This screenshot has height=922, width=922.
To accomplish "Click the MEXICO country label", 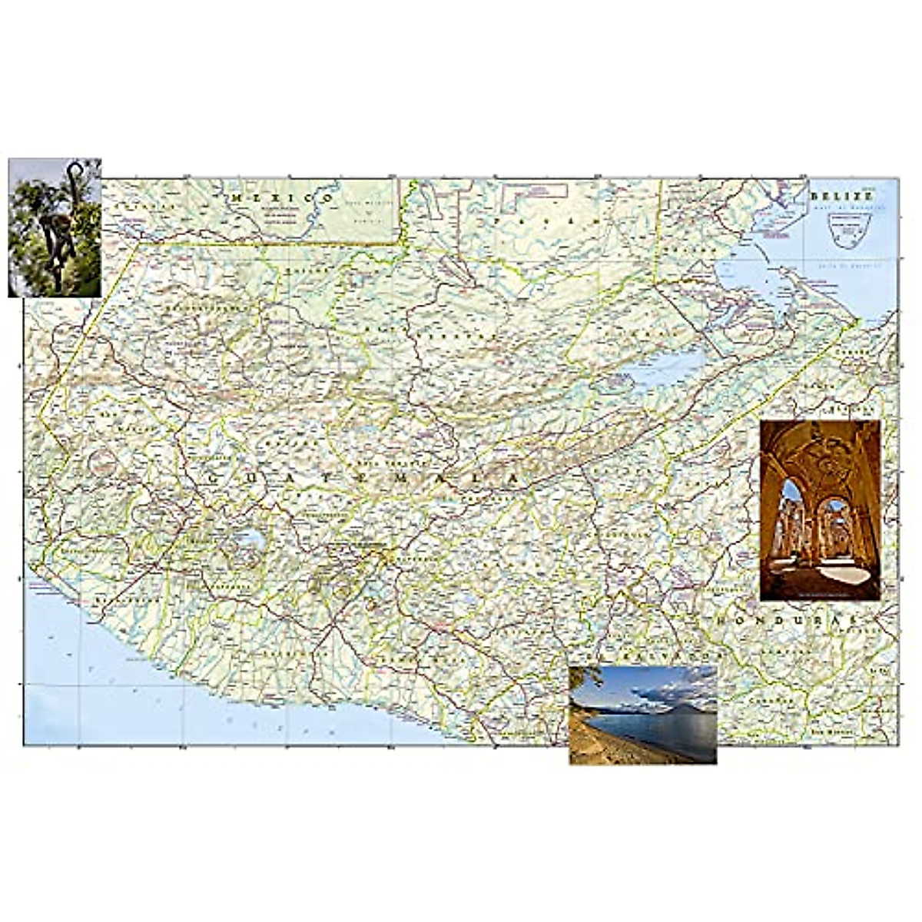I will (284, 198).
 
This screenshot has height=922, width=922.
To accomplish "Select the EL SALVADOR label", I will (661, 656).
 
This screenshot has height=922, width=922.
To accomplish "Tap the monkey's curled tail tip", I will (74, 167).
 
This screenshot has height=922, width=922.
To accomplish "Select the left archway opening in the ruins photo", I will (793, 522).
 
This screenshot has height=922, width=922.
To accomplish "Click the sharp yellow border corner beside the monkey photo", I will (139, 244).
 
